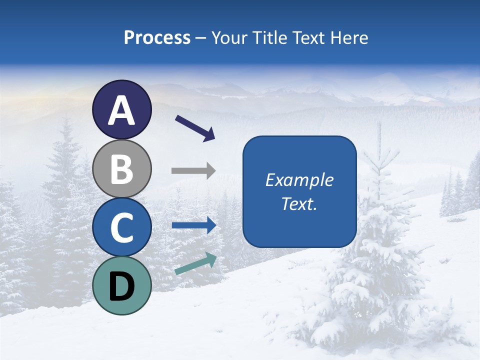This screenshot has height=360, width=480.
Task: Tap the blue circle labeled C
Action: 122,227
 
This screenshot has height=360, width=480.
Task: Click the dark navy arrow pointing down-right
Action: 195,128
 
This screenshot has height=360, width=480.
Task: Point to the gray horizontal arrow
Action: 193,171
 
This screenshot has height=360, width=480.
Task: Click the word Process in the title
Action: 157,38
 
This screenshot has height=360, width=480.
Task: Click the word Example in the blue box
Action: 299,180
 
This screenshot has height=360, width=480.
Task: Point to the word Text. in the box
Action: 299,204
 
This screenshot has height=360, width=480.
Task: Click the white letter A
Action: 122,111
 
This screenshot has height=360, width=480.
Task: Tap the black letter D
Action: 122,286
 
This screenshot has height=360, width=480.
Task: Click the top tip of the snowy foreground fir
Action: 379,125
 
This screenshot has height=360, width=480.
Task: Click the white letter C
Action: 122,227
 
